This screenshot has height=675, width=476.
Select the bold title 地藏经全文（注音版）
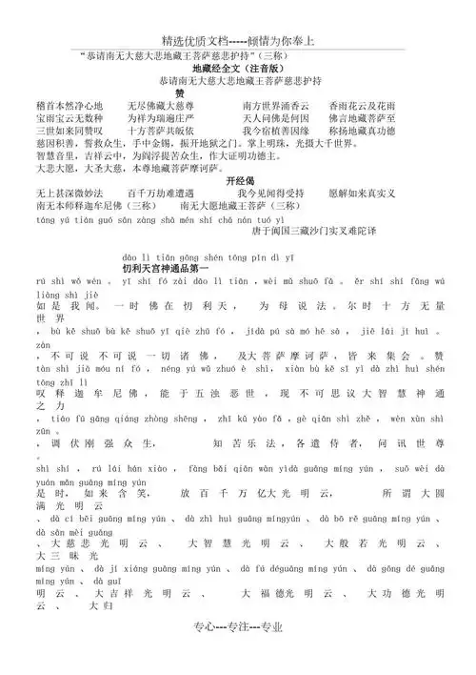tap(235, 69)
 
